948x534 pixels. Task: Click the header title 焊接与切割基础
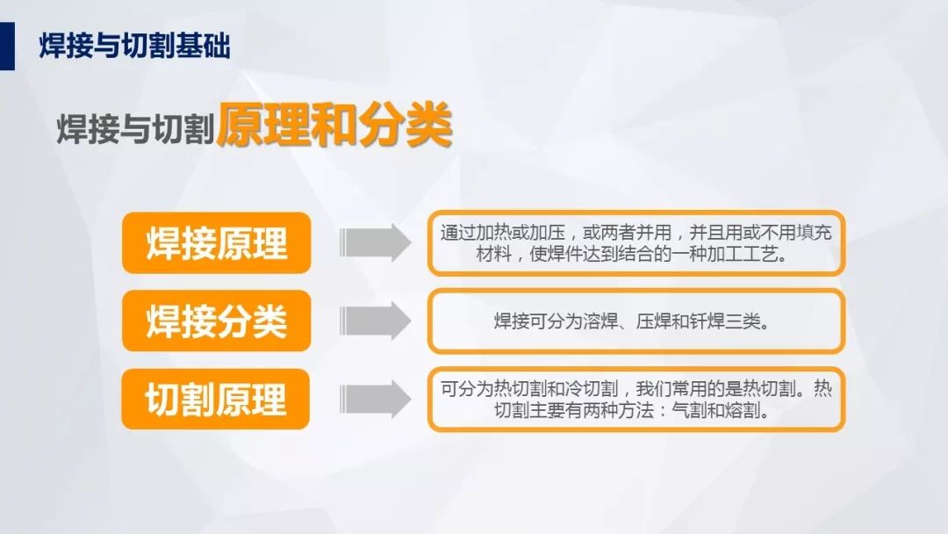(134, 46)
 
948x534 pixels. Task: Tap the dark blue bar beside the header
(7, 46)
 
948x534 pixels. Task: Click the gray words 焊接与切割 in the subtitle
(136, 129)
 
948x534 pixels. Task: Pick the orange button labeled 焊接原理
(217, 243)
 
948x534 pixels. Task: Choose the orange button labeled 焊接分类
(217, 321)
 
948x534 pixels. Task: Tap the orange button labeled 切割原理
(216, 399)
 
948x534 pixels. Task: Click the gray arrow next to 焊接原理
(375, 242)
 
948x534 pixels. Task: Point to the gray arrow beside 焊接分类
(375, 321)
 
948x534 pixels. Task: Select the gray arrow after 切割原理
(375, 399)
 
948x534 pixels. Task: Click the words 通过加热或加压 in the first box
(502, 232)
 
